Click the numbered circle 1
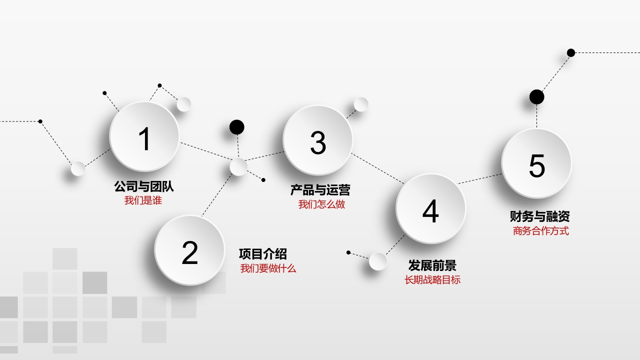click(x=144, y=136)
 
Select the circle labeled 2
click(x=189, y=250)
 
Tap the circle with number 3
click(x=318, y=140)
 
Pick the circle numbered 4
click(x=430, y=209)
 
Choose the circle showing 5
click(x=536, y=163)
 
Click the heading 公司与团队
click(x=144, y=187)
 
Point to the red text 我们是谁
click(x=143, y=200)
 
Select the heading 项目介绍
click(x=262, y=254)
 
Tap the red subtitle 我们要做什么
click(x=268, y=268)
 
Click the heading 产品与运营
click(x=320, y=190)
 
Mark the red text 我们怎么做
click(x=321, y=204)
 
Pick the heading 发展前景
click(x=432, y=265)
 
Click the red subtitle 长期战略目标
click(x=432, y=280)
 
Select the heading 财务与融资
click(x=540, y=216)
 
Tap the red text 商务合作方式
click(x=540, y=231)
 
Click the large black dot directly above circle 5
click(x=536, y=97)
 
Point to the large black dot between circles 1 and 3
click(x=237, y=127)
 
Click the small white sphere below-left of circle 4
click(x=378, y=261)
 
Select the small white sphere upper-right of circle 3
click(x=361, y=104)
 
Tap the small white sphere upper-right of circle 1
click(x=184, y=104)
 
